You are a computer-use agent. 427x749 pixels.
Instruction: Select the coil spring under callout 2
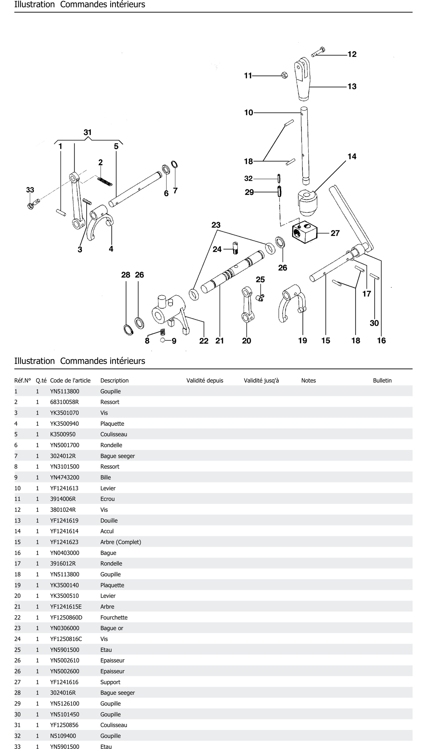pos(105,182)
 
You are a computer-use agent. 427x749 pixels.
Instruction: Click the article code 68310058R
pos(64,402)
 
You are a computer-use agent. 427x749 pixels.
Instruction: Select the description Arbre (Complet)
pos(121,542)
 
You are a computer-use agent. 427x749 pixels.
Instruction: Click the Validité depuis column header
pos(205,381)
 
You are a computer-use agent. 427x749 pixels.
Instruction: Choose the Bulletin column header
pos(382,381)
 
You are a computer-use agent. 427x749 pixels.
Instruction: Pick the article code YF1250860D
pos(66,617)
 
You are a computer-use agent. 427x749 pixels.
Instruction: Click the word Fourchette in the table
pos(114,617)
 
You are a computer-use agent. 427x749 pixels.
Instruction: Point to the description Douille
pos(109,520)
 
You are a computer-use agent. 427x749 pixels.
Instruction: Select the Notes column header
pos(308,381)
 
